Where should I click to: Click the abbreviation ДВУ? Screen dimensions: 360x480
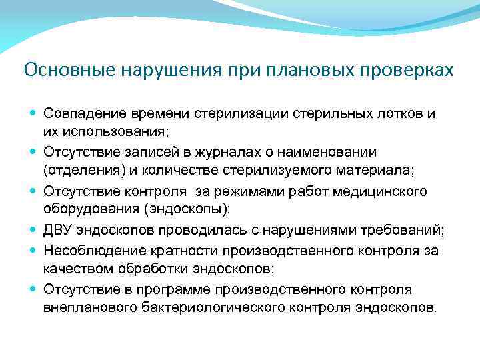(59, 231)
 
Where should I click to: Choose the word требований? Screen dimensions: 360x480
(405, 231)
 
